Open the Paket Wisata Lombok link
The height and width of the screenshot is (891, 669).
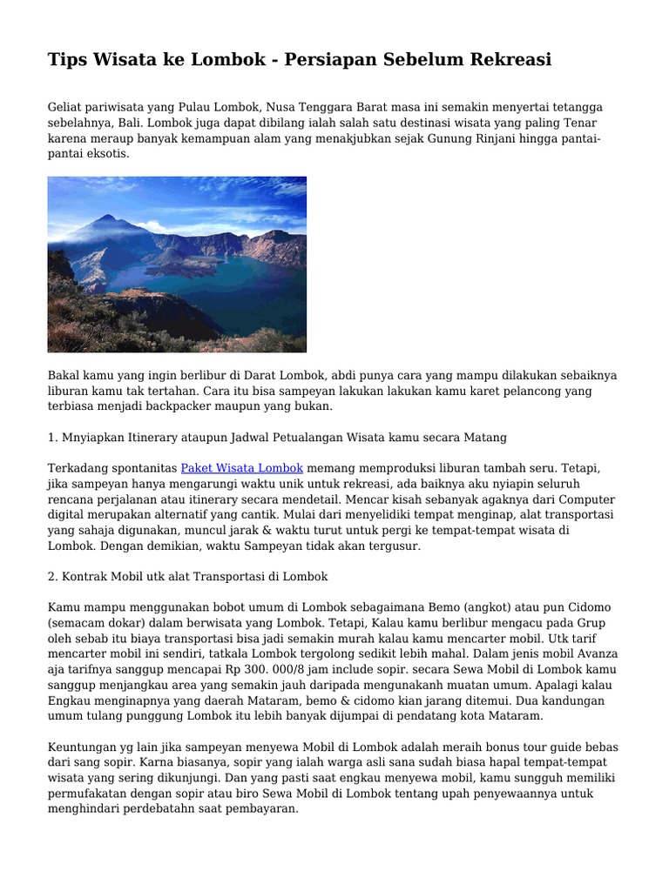242,467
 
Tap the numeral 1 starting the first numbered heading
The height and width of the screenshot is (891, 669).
51,436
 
